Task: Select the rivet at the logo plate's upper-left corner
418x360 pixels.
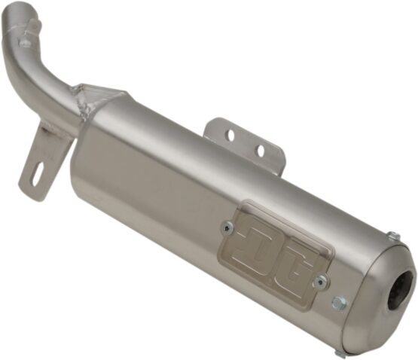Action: [x=227, y=227]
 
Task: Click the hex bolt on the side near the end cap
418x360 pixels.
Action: [x=339, y=302]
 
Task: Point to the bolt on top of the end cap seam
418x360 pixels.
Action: [x=393, y=236]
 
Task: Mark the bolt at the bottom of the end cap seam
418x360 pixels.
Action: [x=340, y=352]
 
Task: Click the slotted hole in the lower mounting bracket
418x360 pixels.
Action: [x=38, y=173]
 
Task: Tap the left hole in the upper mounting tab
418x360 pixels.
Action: [x=231, y=136]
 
